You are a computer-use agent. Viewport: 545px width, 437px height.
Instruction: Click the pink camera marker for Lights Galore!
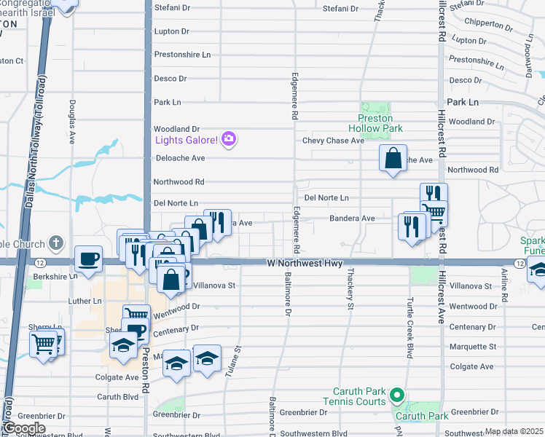pos(229,138)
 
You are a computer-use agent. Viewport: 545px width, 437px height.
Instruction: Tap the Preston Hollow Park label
pos(375,123)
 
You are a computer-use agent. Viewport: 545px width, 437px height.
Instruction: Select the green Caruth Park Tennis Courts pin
pos(396,396)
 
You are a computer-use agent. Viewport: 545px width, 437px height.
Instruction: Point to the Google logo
pos(23,428)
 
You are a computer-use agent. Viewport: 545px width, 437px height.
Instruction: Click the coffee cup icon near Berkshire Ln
pos(89,260)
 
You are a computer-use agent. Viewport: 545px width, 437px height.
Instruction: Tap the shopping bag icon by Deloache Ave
pos(393,158)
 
